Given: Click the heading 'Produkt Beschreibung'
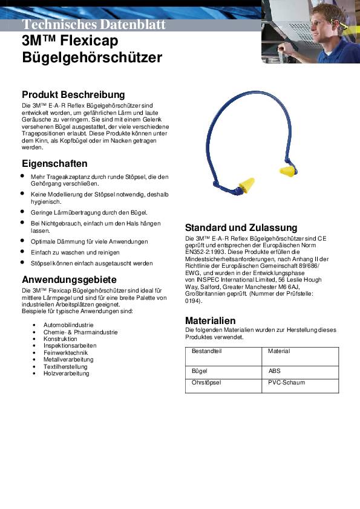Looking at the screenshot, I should point(73,95).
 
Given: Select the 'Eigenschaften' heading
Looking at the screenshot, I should point(54,164).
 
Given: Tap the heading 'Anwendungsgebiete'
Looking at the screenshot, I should point(69,279).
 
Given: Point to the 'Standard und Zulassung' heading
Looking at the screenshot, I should point(241,228).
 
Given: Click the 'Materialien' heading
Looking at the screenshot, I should point(210,320).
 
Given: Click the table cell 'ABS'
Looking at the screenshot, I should point(274,371).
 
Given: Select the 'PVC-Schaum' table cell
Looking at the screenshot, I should point(286,383).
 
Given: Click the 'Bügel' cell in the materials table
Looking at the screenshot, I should point(199,371).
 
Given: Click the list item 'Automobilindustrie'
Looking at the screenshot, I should point(67,325).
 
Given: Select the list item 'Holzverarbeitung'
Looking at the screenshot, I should point(66,373).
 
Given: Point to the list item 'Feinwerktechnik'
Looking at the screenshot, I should point(65,352).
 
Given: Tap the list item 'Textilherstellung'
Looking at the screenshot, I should point(65,366).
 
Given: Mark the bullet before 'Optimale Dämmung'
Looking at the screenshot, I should point(22,241).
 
